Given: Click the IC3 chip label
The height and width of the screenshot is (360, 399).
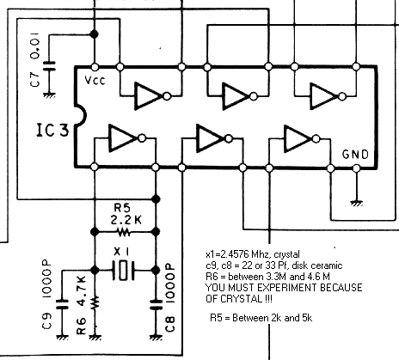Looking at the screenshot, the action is (53, 131).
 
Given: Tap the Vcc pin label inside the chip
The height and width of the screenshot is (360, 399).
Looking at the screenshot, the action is (95, 81).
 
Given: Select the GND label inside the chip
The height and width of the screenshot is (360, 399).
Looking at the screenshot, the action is (355, 155).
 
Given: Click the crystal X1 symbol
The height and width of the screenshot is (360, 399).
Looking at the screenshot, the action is (123, 270).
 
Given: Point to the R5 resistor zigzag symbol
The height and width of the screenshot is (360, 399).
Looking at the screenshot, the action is (124, 232).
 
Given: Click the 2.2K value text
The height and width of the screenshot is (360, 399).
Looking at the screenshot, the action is (126, 220).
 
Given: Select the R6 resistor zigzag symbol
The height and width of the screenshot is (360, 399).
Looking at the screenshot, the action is (95, 302).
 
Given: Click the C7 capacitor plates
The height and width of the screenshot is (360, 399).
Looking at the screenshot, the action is (49, 66).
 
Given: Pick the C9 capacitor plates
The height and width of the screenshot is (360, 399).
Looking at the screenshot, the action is (62, 304).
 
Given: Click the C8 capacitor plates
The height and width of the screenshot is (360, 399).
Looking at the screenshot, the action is (156, 304).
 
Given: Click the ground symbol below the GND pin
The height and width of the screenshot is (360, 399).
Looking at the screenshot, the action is (356, 203).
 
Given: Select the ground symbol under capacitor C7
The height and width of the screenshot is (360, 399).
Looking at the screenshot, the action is (49, 95).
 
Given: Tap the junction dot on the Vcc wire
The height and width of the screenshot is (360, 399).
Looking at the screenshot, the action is (95, 34).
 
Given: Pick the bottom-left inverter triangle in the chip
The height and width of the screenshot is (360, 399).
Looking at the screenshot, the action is (122, 138).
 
